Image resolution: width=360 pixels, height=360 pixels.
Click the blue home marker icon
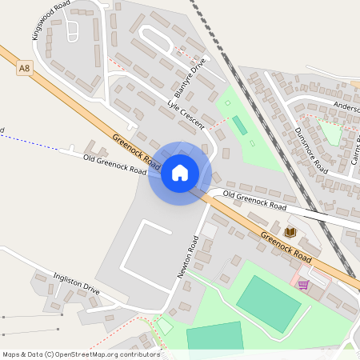(180, 173)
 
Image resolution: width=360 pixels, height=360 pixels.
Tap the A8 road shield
(25, 70)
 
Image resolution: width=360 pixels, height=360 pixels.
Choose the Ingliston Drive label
(76, 283)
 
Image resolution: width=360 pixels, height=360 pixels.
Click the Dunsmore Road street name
(310, 150)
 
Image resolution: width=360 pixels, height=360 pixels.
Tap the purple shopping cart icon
(303, 285)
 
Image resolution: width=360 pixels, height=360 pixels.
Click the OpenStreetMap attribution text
(81, 354)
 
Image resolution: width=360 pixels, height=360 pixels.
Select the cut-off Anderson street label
(346, 107)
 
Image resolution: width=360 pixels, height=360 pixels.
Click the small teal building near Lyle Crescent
(239, 126)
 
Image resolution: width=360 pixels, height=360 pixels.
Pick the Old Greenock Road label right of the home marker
(254, 201)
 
